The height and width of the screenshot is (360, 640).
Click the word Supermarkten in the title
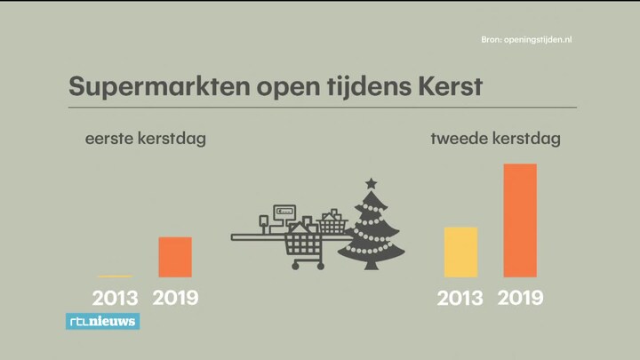click(x=159, y=86)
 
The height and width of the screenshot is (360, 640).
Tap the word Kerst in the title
click(x=450, y=86)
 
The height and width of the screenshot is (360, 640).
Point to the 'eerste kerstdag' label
click(x=145, y=139)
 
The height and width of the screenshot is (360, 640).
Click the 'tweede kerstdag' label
click(x=495, y=139)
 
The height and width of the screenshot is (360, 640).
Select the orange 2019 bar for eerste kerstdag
click(x=175, y=257)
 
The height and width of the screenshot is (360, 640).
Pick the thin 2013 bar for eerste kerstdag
click(x=115, y=276)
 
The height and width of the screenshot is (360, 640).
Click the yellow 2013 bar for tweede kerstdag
click(x=460, y=252)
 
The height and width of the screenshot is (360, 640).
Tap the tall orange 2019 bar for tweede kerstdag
click(x=520, y=220)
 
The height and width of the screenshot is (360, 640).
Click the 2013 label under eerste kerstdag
click(x=115, y=298)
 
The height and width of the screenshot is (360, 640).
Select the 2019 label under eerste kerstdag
click(x=175, y=298)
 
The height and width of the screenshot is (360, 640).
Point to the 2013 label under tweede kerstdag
click(x=460, y=298)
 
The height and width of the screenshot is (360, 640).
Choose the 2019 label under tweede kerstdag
click(x=520, y=298)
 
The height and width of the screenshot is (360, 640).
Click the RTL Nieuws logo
click(x=103, y=321)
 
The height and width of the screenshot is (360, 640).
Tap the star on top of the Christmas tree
click(x=371, y=184)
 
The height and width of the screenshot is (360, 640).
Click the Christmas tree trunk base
click(x=371, y=265)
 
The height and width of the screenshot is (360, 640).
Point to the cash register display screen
click(x=284, y=212)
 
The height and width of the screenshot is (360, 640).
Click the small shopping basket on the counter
click(x=332, y=222)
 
